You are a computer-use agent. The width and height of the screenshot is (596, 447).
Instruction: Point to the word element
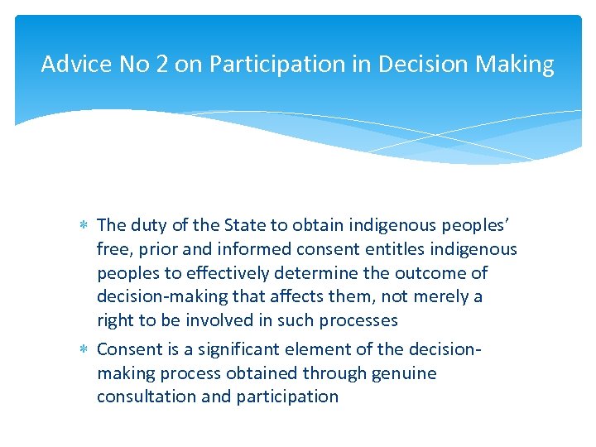click(306, 349)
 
